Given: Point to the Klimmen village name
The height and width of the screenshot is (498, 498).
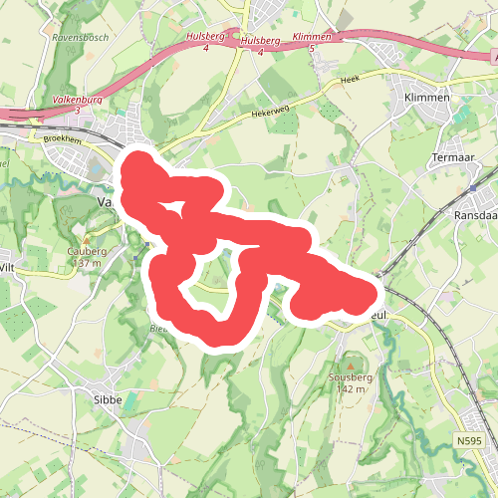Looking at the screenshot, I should click(427, 98).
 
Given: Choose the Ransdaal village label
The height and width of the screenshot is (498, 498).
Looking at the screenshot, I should click(475, 214).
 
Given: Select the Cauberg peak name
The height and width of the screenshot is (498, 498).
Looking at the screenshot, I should click(87, 252).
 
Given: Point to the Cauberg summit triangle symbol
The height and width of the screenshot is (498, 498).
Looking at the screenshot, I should click(87, 240).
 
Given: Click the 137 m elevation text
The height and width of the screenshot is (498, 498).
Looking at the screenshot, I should click(87, 264).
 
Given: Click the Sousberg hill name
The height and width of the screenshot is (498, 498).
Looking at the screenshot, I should click(348, 377).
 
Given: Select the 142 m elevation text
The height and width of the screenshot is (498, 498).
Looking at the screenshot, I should click(348, 389).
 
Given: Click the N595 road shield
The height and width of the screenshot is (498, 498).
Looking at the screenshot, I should click(469, 439).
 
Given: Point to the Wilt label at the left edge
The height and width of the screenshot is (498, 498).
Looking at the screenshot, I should click(7, 268).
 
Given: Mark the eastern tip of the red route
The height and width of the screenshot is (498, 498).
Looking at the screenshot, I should click(376, 291).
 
